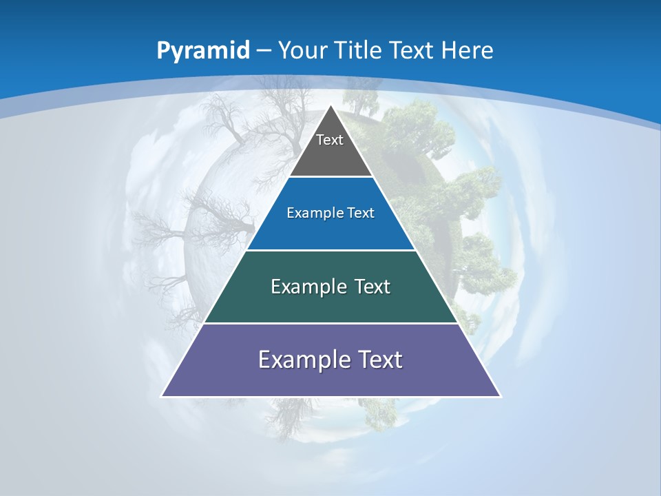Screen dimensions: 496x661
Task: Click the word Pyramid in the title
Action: [x=203, y=51]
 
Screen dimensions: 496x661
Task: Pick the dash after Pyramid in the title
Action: [x=264, y=51]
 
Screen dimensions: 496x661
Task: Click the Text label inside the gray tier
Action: [x=330, y=140]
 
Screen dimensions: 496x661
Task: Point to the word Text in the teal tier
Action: [x=373, y=287]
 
